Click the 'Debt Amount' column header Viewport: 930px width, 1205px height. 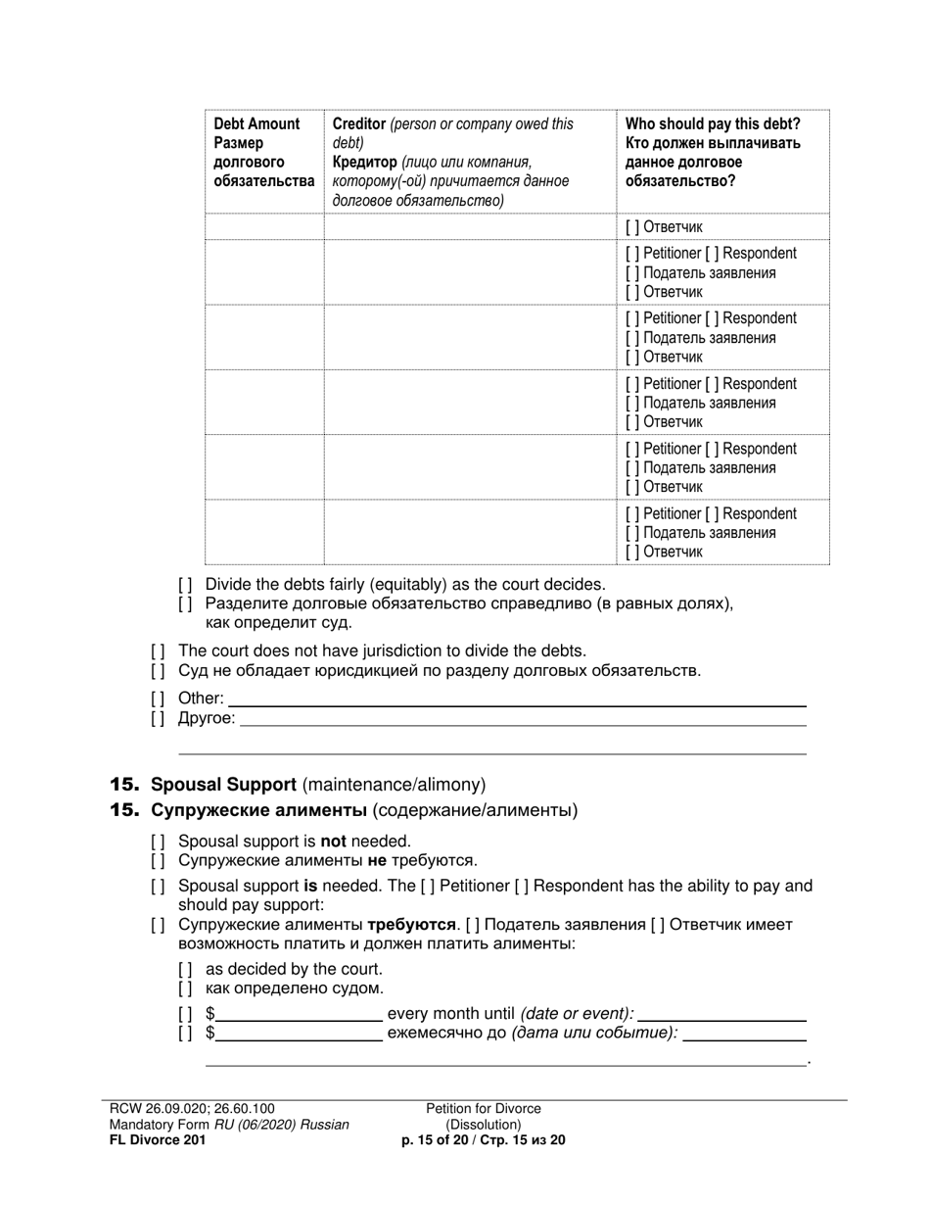click(x=256, y=124)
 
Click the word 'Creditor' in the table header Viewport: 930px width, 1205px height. click(x=358, y=124)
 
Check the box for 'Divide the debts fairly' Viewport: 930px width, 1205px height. click(x=185, y=585)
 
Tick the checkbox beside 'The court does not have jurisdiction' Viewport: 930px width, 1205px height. click(x=158, y=651)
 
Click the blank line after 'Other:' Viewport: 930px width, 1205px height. click(x=517, y=699)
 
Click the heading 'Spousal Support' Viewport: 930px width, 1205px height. click(x=223, y=785)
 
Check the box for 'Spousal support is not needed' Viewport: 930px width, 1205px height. click(x=158, y=842)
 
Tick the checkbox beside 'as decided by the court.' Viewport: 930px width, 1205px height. click(x=185, y=969)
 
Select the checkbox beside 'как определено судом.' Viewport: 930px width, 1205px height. click(x=185, y=988)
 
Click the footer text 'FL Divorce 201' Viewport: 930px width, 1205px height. click(x=158, y=1140)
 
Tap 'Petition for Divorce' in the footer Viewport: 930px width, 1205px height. click(x=483, y=1109)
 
